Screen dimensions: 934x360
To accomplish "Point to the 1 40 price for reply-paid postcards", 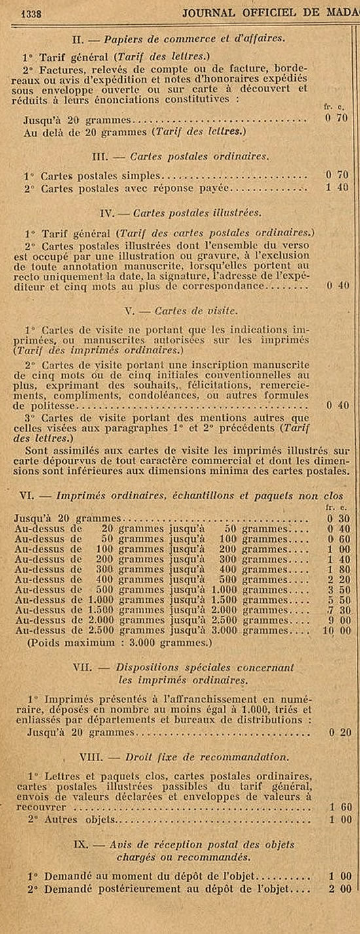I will [337, 187].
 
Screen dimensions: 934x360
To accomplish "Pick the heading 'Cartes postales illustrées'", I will [197, 213].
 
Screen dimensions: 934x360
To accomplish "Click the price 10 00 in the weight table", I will [337, 631].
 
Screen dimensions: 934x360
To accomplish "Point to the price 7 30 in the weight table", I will [338, 610].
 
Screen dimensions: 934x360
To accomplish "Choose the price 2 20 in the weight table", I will [338, 579].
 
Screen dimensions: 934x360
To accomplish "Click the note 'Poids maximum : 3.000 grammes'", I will [120, 642].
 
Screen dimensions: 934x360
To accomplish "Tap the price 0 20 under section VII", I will [338, 733].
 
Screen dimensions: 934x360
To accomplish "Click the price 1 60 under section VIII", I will [338, 808].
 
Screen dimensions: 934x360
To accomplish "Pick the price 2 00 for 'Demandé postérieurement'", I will [338, 889].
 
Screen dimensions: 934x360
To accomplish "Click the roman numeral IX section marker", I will [100, 844].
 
